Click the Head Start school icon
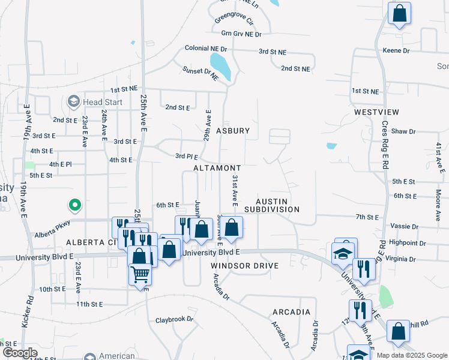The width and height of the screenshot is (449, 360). pyautogui.click(x=74, y=101)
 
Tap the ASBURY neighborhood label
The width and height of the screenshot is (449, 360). pyautogui.click(x=229, y=130)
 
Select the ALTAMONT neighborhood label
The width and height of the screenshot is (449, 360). pyautogui.click(x=217, y=168)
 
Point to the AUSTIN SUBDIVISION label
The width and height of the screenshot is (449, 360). pyautogui.click(x=277, y=205)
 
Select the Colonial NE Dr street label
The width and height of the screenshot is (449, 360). pyautogui.click(x=206, y=48)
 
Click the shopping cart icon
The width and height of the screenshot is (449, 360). pyautogui.click(x=140, y=274)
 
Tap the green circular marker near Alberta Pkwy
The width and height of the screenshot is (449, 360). pyautogui.click(x=74, y=206)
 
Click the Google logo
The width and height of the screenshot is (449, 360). pyautogui.click(x=20, y=353)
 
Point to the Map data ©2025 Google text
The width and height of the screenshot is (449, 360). pyautogui.click(x=411, y=355)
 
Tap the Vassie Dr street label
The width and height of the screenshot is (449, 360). pyautogui.click(x=403, y=227)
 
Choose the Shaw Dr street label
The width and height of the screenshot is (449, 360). pyautogui.click(x=403, y=131)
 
